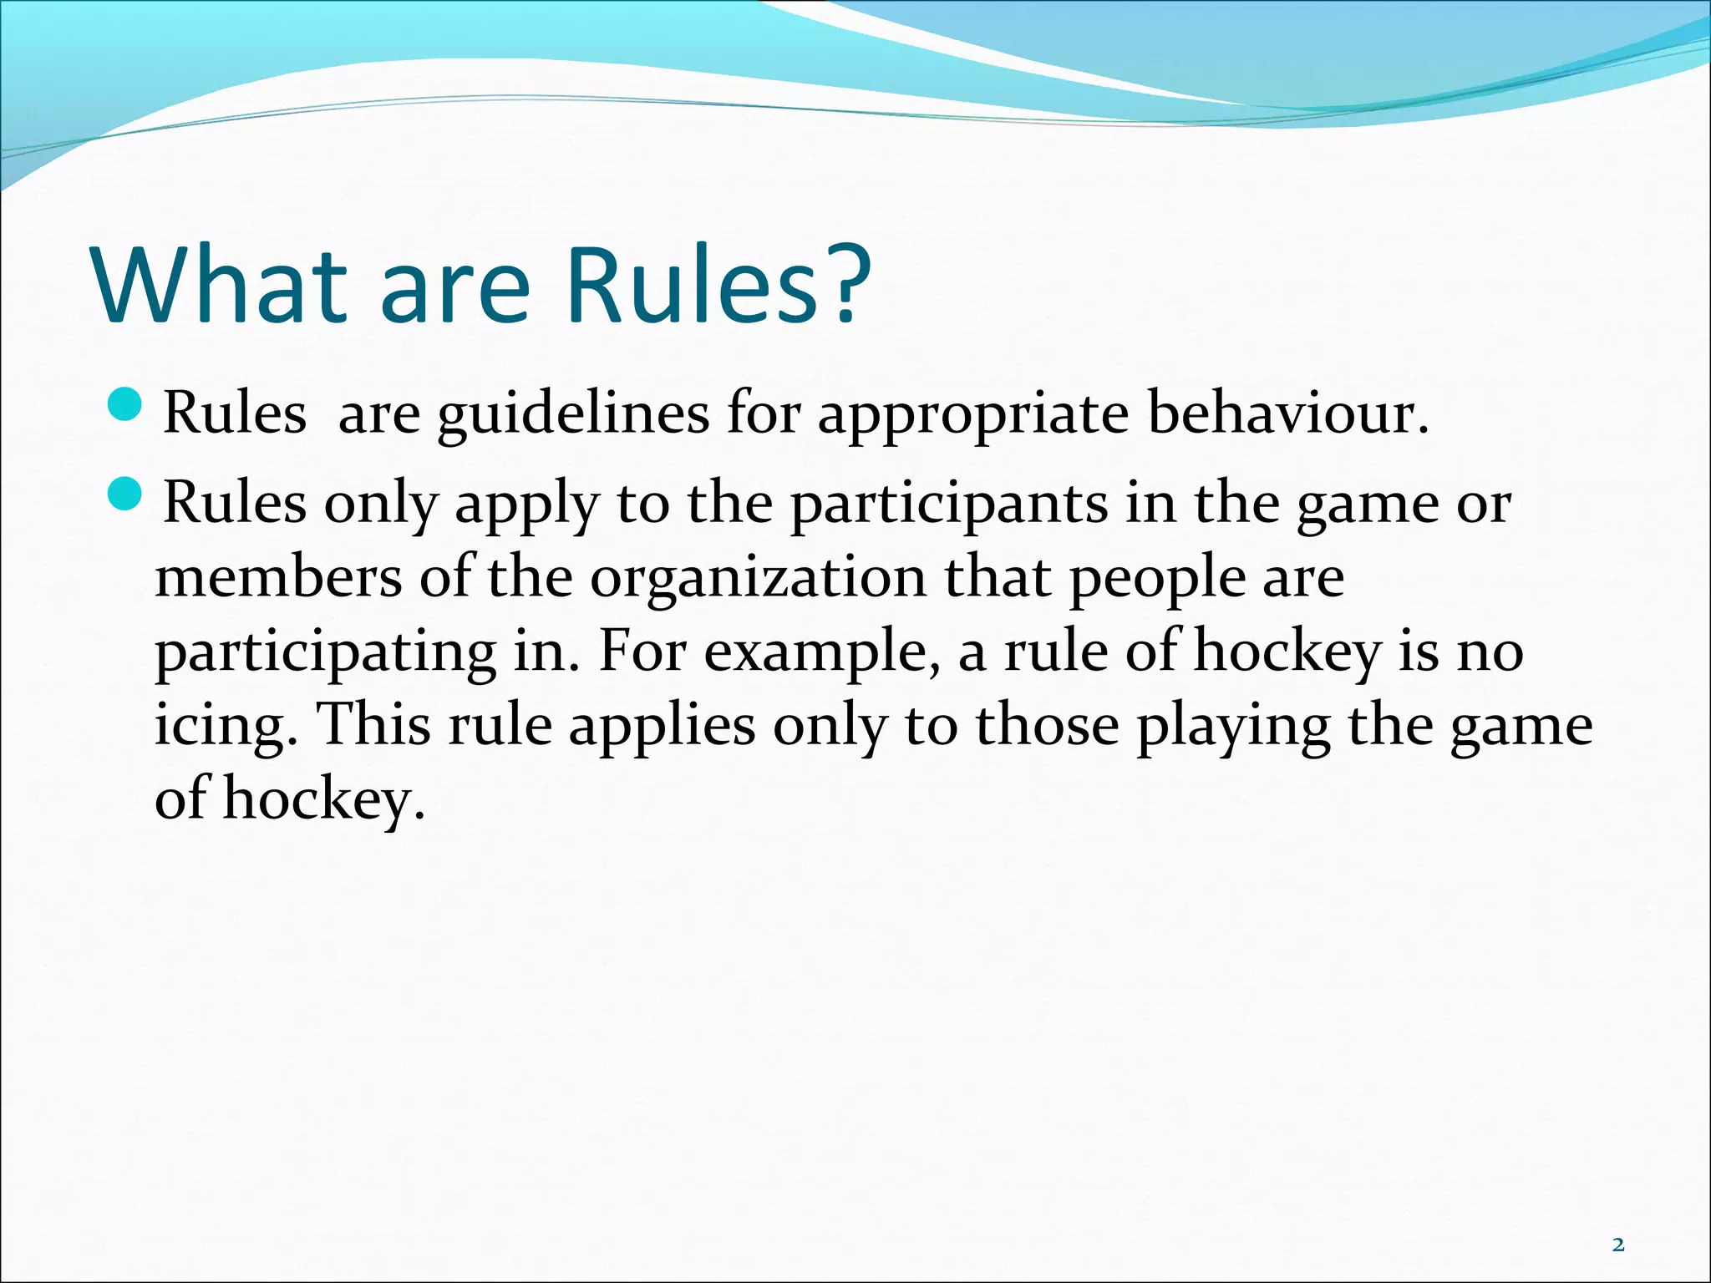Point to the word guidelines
pyautogui.click(x=573, y=415)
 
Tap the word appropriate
pyautogui.click(x=972, y=415)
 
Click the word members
pyautogui.click(x=278, y=578)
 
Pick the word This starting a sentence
pyautogui.click(x=373, y=725)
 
